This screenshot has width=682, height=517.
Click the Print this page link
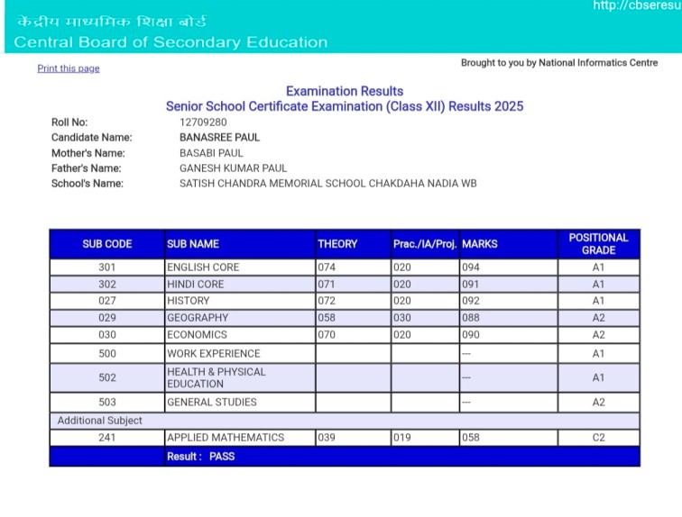[69, 68]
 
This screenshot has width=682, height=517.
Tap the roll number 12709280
[203, 122]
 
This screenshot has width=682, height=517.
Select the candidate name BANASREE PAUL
[219, 138]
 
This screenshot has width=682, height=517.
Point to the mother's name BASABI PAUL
[211, 153]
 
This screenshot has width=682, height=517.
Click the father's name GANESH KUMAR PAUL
[233, 168]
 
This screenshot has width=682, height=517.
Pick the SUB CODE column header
[106, 244]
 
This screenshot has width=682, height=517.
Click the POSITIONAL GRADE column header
[598, 244]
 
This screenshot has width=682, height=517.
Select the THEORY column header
[337, 244]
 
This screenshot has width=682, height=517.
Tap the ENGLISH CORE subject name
[203, 268]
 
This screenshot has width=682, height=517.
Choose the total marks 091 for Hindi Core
[471, 284]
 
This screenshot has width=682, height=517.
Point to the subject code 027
[106, 301]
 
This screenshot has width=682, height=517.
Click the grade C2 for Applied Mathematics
[598, 438]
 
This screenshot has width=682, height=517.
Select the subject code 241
[106, 438]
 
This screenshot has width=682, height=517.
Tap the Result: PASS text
[200, 457]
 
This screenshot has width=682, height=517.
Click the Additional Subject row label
[100, 421]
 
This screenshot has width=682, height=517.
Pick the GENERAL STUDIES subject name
[212, 403]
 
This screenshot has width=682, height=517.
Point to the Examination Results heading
[345, 91]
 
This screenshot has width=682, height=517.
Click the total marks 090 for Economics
[471, 334]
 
